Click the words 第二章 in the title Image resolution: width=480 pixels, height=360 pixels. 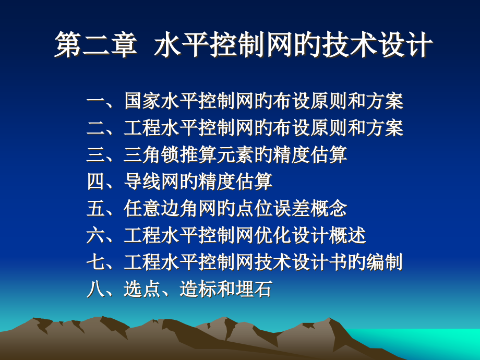tap(96, 44)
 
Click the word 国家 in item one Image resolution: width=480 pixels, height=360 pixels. tap(142, 101)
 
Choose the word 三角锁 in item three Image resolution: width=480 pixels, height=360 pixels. tap(151, 155)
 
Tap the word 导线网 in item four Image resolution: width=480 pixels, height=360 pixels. tap(151, 182)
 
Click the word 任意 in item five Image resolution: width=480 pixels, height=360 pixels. tap(142, 209)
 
